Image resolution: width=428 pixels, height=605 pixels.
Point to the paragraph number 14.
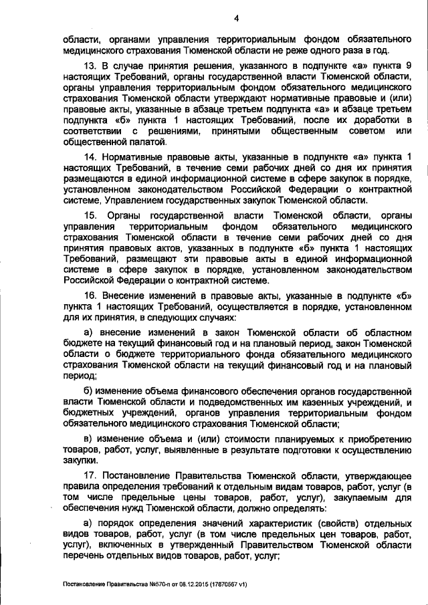[88, 156]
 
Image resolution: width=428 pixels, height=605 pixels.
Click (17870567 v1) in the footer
[224, 584]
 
